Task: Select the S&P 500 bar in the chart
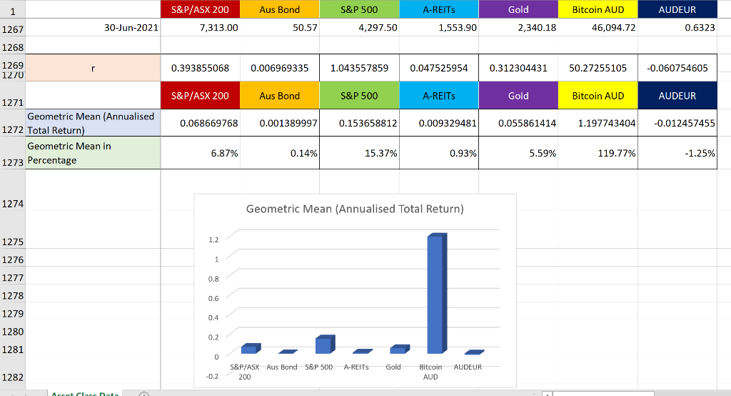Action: [324, 345]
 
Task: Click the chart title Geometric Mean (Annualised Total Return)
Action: [355, 209]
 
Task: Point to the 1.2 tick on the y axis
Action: [213, 239]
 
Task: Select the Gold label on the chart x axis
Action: [393, 367]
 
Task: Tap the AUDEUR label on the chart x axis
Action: [468, 367]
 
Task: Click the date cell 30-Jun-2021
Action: [131, 28]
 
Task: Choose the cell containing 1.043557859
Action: [360, 68]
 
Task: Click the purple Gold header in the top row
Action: [518, 10]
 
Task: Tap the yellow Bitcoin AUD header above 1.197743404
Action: [598, 95]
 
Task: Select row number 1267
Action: [12, 29]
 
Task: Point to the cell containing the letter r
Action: [93, 68]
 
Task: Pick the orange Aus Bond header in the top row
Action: [280, 10]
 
